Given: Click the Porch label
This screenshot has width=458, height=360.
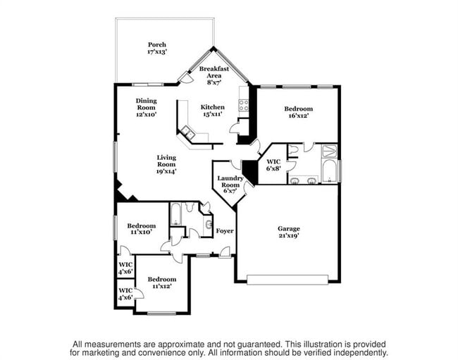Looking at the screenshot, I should click(x=156, y=48).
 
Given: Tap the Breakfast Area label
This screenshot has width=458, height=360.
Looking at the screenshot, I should click(x=213, y=73).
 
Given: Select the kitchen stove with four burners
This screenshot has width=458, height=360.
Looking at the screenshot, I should click(x=245, y=106).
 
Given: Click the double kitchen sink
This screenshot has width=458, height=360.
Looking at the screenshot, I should click(x=188, y=132).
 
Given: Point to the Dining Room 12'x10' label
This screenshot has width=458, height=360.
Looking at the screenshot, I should click(x=146, y=106).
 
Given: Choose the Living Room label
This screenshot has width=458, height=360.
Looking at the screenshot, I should click(x=166, y=163).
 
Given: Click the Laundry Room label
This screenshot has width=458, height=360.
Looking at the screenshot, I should click(x=230, y=185).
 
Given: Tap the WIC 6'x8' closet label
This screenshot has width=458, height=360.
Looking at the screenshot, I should click(x=273, y=165).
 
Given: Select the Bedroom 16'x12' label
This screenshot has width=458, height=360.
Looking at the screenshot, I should click(x=298, y=113).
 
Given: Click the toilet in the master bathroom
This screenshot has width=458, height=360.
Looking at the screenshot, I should click(x=292, y=148).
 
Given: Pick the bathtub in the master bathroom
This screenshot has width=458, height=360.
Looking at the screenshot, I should click(x=328, y=170).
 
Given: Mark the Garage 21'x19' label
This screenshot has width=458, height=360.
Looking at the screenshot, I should click(x=288, y=232).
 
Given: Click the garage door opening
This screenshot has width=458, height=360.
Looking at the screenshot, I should click(x=288, y=280).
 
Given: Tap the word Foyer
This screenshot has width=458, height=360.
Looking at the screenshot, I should click(x=224, y=231).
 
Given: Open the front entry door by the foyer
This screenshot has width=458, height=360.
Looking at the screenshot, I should click(x=223, y=252).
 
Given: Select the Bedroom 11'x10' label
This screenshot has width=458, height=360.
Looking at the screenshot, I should click(x=141, y=228).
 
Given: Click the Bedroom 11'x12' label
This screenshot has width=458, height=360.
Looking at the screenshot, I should click(x=162, y=283).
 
